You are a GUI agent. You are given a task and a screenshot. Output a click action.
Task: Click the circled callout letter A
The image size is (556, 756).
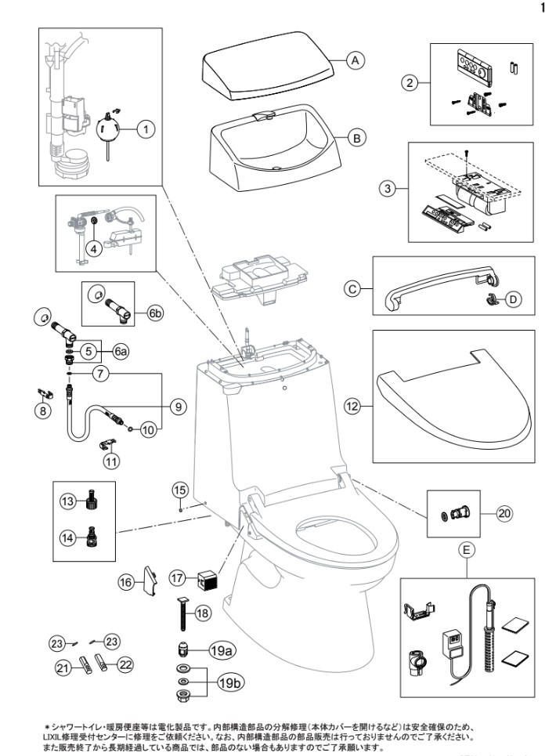pyautogui.click(x=354, y=60)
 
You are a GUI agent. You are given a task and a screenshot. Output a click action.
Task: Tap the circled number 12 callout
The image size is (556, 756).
pyautogui.click(x=353, y=406)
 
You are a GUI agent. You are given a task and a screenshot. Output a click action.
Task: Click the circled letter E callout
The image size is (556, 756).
pyautogui.click(x=467, y=551)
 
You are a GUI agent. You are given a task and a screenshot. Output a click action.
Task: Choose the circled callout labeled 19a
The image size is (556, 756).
pyautogui.click(x=220, y=649)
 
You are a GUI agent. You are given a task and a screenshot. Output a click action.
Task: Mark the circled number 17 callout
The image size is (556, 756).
pyautogui.click(x=178, y=578)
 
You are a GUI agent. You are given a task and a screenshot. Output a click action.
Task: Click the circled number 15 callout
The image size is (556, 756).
pyautogui.click(x=181, y=490)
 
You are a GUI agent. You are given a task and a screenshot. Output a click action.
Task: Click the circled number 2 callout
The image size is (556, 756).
pyautogui.click(x=408, y=81)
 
